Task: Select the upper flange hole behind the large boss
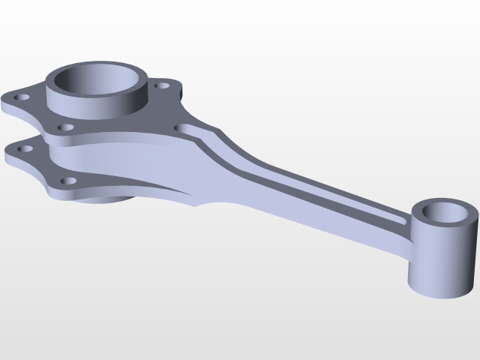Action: [x=159, y=85]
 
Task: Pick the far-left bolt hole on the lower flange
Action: [x=26, y=149]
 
